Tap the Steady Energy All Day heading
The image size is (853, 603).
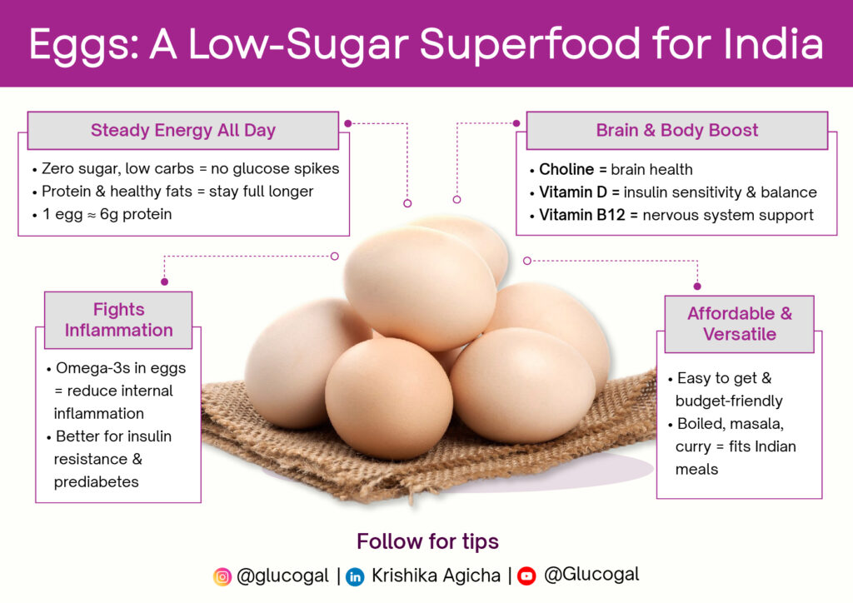(182, 131)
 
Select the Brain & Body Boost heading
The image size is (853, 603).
(676, 131)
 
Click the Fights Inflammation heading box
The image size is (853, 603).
(118, 320)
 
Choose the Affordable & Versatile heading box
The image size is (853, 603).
(739, 324)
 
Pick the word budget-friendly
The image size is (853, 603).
(729, 401)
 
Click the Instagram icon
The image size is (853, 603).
(222, 576)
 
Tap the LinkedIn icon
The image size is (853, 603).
(355, 576)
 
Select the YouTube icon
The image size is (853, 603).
(526, 576)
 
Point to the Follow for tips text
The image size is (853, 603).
(427, 541)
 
